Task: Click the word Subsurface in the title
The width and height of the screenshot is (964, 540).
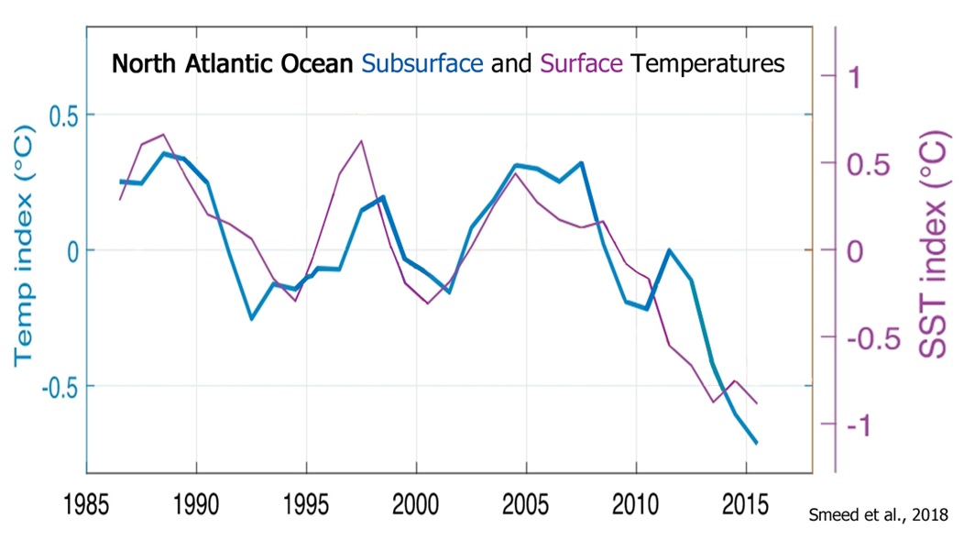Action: [422, 64]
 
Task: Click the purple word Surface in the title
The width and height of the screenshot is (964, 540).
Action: [583, 64]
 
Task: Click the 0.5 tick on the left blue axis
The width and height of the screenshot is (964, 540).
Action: [62, 116]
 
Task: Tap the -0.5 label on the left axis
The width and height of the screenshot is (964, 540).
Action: [57, 386]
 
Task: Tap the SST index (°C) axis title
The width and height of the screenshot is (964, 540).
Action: [932, 250]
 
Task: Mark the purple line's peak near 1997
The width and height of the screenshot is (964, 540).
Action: [361, 141]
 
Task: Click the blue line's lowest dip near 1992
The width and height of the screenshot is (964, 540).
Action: [251, 319]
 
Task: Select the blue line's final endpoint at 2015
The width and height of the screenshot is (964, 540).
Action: [757, 443]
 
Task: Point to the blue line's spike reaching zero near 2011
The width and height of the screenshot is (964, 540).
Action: [670, 250]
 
